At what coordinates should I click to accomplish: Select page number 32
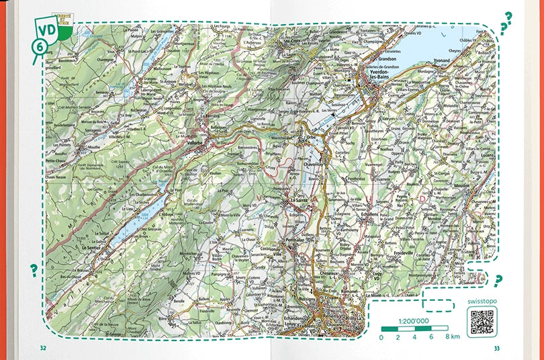tap(43, 348)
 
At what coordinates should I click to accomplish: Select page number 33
tap(496, 348)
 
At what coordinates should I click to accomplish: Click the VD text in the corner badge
tap(46, 30)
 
